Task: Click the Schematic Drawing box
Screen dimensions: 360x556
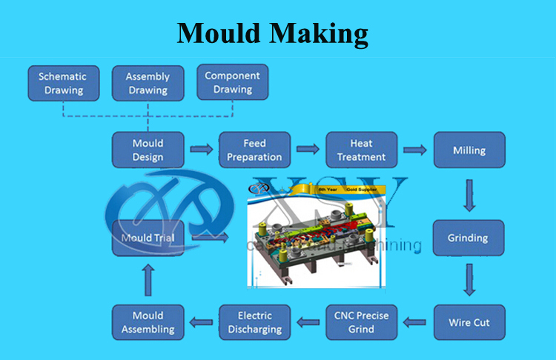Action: (x=62, y=83)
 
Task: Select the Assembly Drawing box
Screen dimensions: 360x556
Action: (x=148, y=83)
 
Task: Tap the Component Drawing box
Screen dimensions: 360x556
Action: (x=233, y=83)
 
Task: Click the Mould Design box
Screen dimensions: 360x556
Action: (x=148, y=150)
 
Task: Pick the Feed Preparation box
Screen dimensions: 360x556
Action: (x=254, y=150)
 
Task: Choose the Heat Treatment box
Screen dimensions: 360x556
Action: (x=361, y=150)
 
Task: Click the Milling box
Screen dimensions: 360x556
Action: (x=469, y=150)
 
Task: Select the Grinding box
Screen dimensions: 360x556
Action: (x=469, y=238)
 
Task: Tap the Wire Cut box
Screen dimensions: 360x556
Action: (x=469, y=323)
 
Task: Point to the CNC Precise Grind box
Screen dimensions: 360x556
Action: (x=361, y=323)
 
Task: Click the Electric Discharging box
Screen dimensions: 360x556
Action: (x=254, y=323)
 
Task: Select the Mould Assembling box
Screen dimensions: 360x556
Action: (x=148, y=323)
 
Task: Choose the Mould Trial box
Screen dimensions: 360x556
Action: (x=148, y=238)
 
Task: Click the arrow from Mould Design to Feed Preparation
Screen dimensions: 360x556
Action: (x=201, y=150)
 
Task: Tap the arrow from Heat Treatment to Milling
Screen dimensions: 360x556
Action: (x=414, y=150)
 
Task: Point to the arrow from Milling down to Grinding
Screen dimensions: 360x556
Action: (x=469, y=194)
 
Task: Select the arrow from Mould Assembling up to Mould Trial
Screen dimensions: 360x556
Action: (x=148, y=280)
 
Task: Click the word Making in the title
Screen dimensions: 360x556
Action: (x=320, y=33)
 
